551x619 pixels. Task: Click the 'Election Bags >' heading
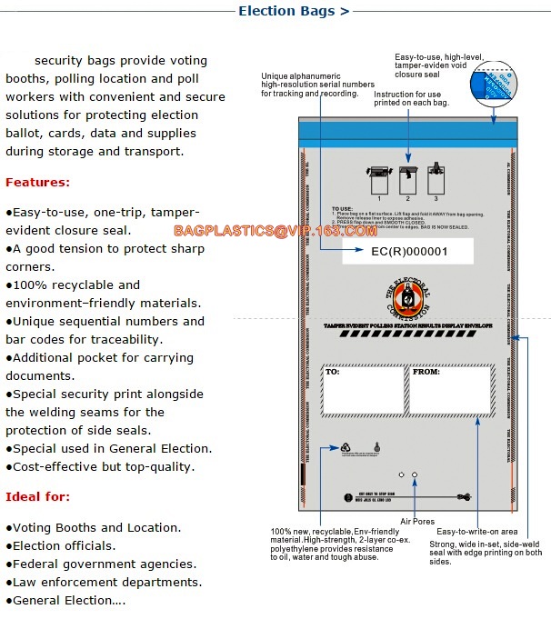click(x=293, y=12)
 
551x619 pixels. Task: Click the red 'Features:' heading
click(x=37, y=182)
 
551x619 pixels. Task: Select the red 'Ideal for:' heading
click(x=37, y=496)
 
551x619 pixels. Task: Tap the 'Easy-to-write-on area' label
click(x=477, y=531)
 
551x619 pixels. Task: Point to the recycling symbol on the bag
click(x=346, y=448)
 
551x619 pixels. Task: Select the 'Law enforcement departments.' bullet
click(x=104, y=583)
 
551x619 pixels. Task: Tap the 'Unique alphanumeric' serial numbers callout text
click(x=317, y=85)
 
